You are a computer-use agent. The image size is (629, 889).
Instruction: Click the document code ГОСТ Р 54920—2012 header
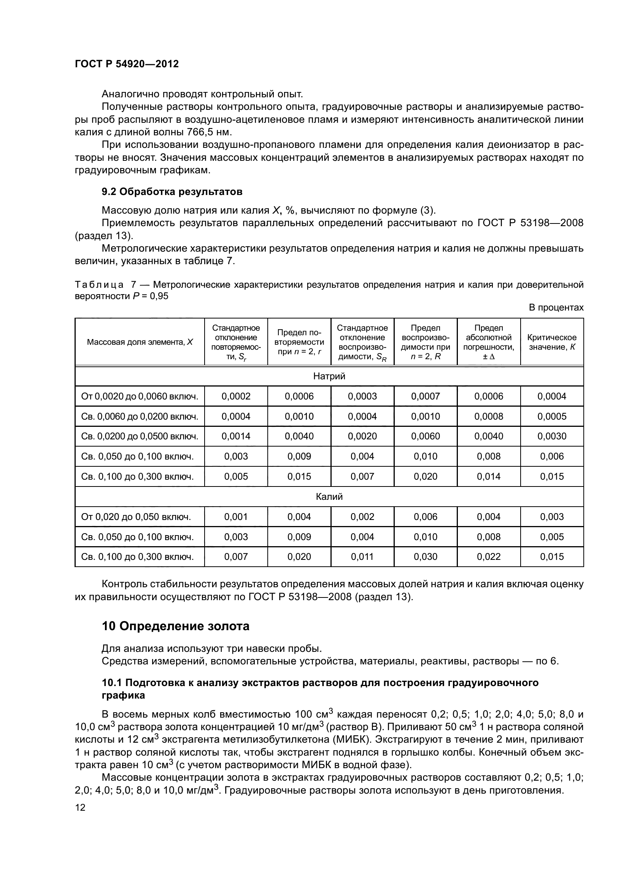point(127,64)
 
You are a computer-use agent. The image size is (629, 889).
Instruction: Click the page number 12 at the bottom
point(80,807)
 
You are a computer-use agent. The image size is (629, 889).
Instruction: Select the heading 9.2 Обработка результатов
point(172,192)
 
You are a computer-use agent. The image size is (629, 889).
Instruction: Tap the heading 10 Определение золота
point(175,626)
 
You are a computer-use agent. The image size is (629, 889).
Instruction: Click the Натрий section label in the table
point(329,376)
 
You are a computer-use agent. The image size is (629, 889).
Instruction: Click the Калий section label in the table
point(329,496)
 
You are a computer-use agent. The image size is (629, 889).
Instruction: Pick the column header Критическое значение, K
point(551,342)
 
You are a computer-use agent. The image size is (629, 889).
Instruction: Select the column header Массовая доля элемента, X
point(140,342)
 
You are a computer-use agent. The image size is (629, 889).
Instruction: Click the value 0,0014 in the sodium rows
point(236,436)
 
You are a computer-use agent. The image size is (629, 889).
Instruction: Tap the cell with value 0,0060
point(425,436)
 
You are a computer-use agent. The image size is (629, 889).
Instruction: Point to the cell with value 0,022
point(488,557)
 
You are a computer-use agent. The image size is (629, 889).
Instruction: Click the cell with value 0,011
point(362,557)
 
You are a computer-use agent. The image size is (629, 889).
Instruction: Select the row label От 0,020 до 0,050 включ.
point(136,517)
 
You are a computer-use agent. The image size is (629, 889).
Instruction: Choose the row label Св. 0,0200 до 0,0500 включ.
point(140,436)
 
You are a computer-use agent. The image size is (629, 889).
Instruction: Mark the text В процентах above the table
point(556,307)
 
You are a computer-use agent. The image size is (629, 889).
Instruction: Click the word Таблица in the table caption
point(99,285)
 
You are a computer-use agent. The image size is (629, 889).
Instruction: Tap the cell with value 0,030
point(425,557)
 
